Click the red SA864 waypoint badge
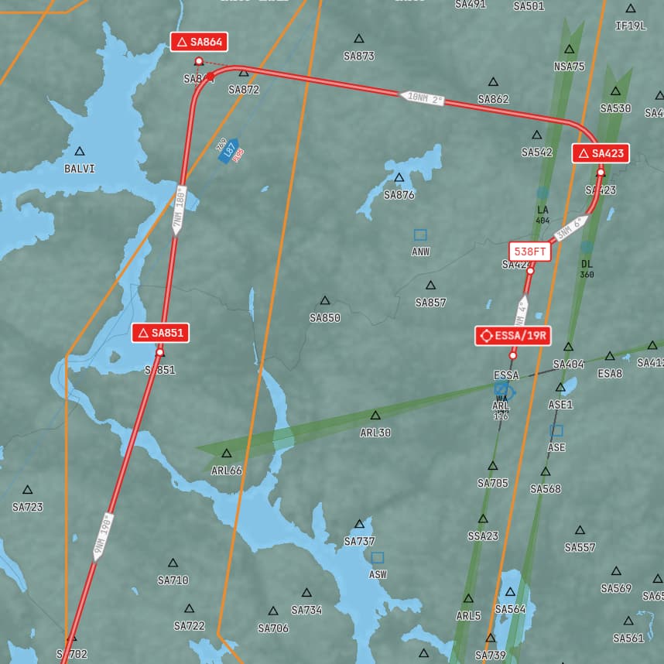(x=200, y=42)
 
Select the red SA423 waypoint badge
(x=601, y=153)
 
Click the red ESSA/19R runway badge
(x=513, y=335)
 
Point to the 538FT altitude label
(x=530, y=252)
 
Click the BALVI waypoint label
(x=80, y=168)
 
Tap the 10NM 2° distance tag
(x=423, y=98)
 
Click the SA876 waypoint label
(x=399, y=195)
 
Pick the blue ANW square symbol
(x=420, y=234)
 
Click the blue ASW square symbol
(x=378, y=557)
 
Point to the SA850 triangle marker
(x=325, y=300)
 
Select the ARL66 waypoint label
(x=227, y=471)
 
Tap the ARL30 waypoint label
(x=375, y=433)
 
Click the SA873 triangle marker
(x=359, y=39)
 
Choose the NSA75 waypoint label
(x=569, y=67)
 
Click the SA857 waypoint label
(x=430, y=303)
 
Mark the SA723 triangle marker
(x=28, y=490)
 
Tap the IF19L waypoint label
(x=630, y=26)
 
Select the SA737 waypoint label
(x=359, y=541)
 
